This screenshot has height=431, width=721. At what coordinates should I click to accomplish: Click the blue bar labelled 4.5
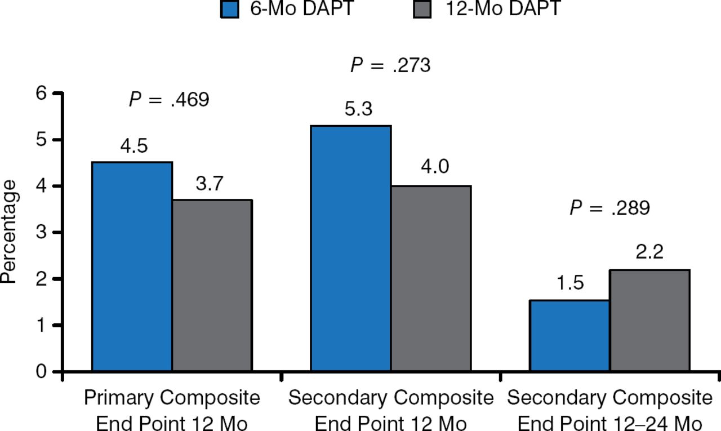(x=132, y=267)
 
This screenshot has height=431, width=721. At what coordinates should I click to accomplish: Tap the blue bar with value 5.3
(x=351, y=248)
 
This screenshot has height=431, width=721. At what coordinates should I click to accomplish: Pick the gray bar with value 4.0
(x=431, y=278)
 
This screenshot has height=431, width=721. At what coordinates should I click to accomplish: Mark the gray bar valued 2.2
(x=649, y=321)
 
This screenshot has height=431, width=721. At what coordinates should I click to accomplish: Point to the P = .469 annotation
(x=169, y=100)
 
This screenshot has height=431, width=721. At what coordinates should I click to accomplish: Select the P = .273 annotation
(x=390, y=65)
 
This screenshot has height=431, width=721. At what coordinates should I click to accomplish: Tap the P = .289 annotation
(x=609, y=208)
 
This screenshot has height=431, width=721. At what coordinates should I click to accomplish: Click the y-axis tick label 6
(x=41, y=94)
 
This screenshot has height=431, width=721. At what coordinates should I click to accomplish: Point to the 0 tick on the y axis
(x=41, y=372)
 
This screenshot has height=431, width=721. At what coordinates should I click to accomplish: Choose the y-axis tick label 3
(x=41, y=233)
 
